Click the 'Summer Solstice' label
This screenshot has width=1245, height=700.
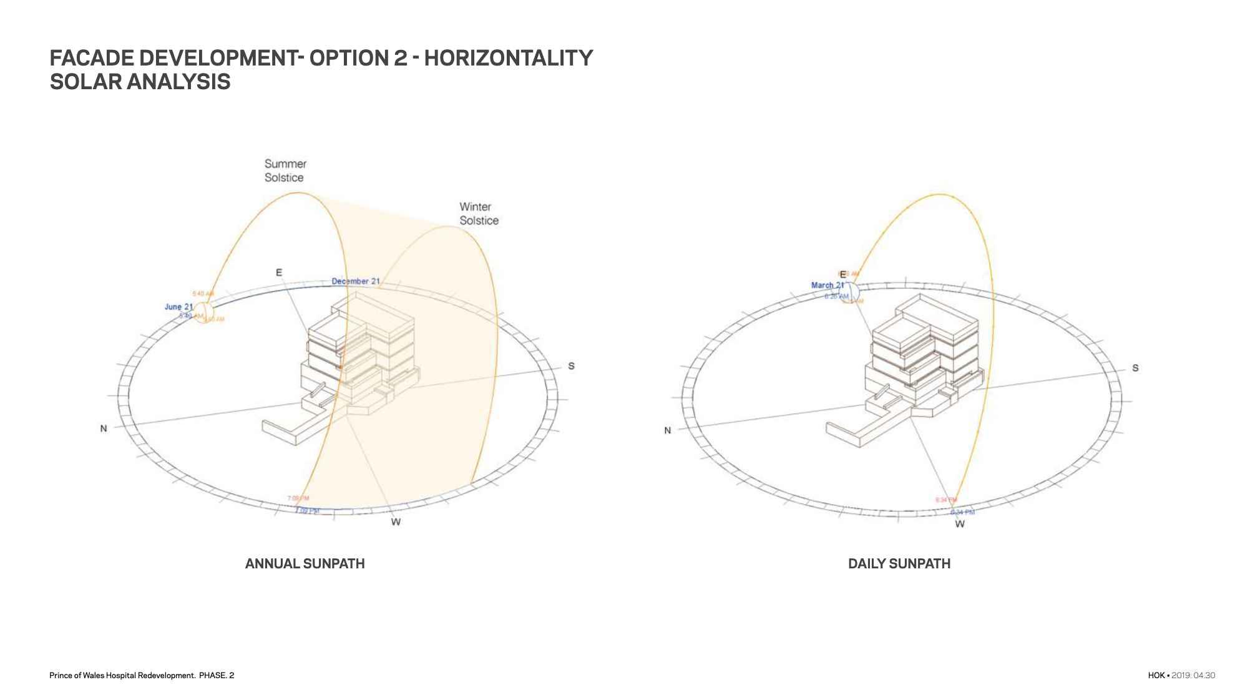pyautogui.click(x=285, y=170)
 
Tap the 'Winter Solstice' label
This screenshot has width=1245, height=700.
pyautogui.click(x=479, y=213)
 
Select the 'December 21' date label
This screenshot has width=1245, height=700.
pyautogui.click(x=355, y=281)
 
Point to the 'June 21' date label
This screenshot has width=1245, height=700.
pyautogui.click(x=178, y=307)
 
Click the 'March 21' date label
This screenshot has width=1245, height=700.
pyautogui.click(x=828, y=285)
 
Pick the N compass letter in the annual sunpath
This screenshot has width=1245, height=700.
pyautogui.click(x=104, y=429)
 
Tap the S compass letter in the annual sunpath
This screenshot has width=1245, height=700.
pyautogui.click(x=571, y=366)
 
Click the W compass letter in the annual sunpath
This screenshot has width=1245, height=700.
pyautogui.click(x=396, y=522)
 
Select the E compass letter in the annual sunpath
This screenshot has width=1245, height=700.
pyautogui.click(x=279, y=273)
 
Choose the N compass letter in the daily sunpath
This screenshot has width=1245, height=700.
pyautogui.click(x=667, y=430)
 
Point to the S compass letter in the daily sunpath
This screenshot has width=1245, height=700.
pyautogui.click(x=1135, y=368)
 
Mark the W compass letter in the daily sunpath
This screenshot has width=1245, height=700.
pyautogui.click(x=960, y=524)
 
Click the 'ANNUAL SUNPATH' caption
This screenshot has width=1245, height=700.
pyautogui.click(x=305, y=564)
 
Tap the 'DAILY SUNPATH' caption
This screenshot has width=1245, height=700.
pyautogui.click(x=899, y=564)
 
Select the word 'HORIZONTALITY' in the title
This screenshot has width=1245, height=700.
pyautogui.click(x=509, y=58)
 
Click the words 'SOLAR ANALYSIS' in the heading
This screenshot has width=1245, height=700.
pyautogui.click(x=140, y=82)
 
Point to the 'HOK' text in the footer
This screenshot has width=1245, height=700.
pyautogui.click(x=1156, y=675)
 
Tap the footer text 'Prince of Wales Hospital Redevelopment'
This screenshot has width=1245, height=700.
pyautogui.click(x=122, y=675)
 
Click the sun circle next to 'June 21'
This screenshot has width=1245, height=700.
pyautogui.click(x=203, y=311)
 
